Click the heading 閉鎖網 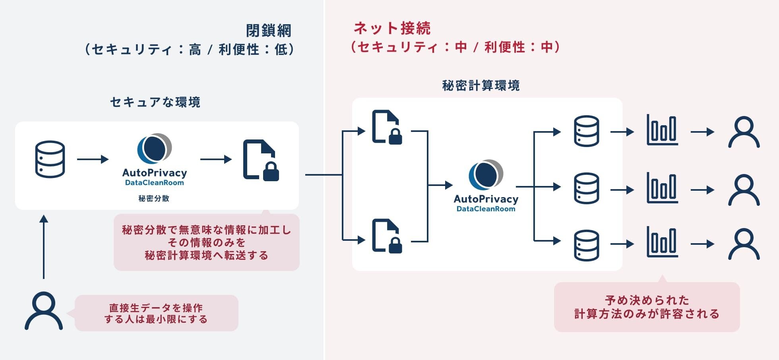[269, 31]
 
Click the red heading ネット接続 [392, 28]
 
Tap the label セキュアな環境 [155, 102]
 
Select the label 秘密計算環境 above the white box [481, 85]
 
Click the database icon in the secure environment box [50, 159]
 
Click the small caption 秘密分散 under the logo [154, 198]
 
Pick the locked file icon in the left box [261, 160]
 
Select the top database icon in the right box [587, 131]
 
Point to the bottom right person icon [744, 244]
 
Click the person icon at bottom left [44, 311]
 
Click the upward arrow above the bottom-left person [44, 246]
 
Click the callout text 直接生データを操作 [156, 308]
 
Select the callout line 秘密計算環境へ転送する [206, 255]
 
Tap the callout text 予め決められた [647, 300]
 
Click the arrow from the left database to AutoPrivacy [93, 159]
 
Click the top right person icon [744, 132]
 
